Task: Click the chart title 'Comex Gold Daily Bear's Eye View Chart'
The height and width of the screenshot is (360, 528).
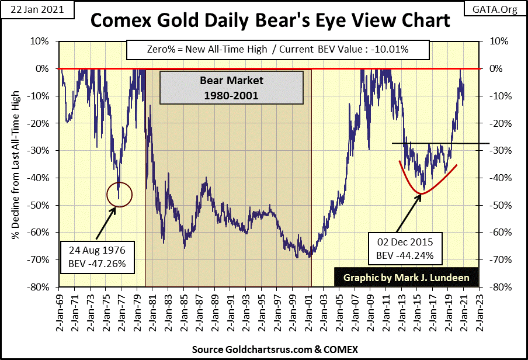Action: click(x=269, y=21)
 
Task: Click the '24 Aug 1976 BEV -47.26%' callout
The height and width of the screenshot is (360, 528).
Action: click(x=96, y=258)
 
